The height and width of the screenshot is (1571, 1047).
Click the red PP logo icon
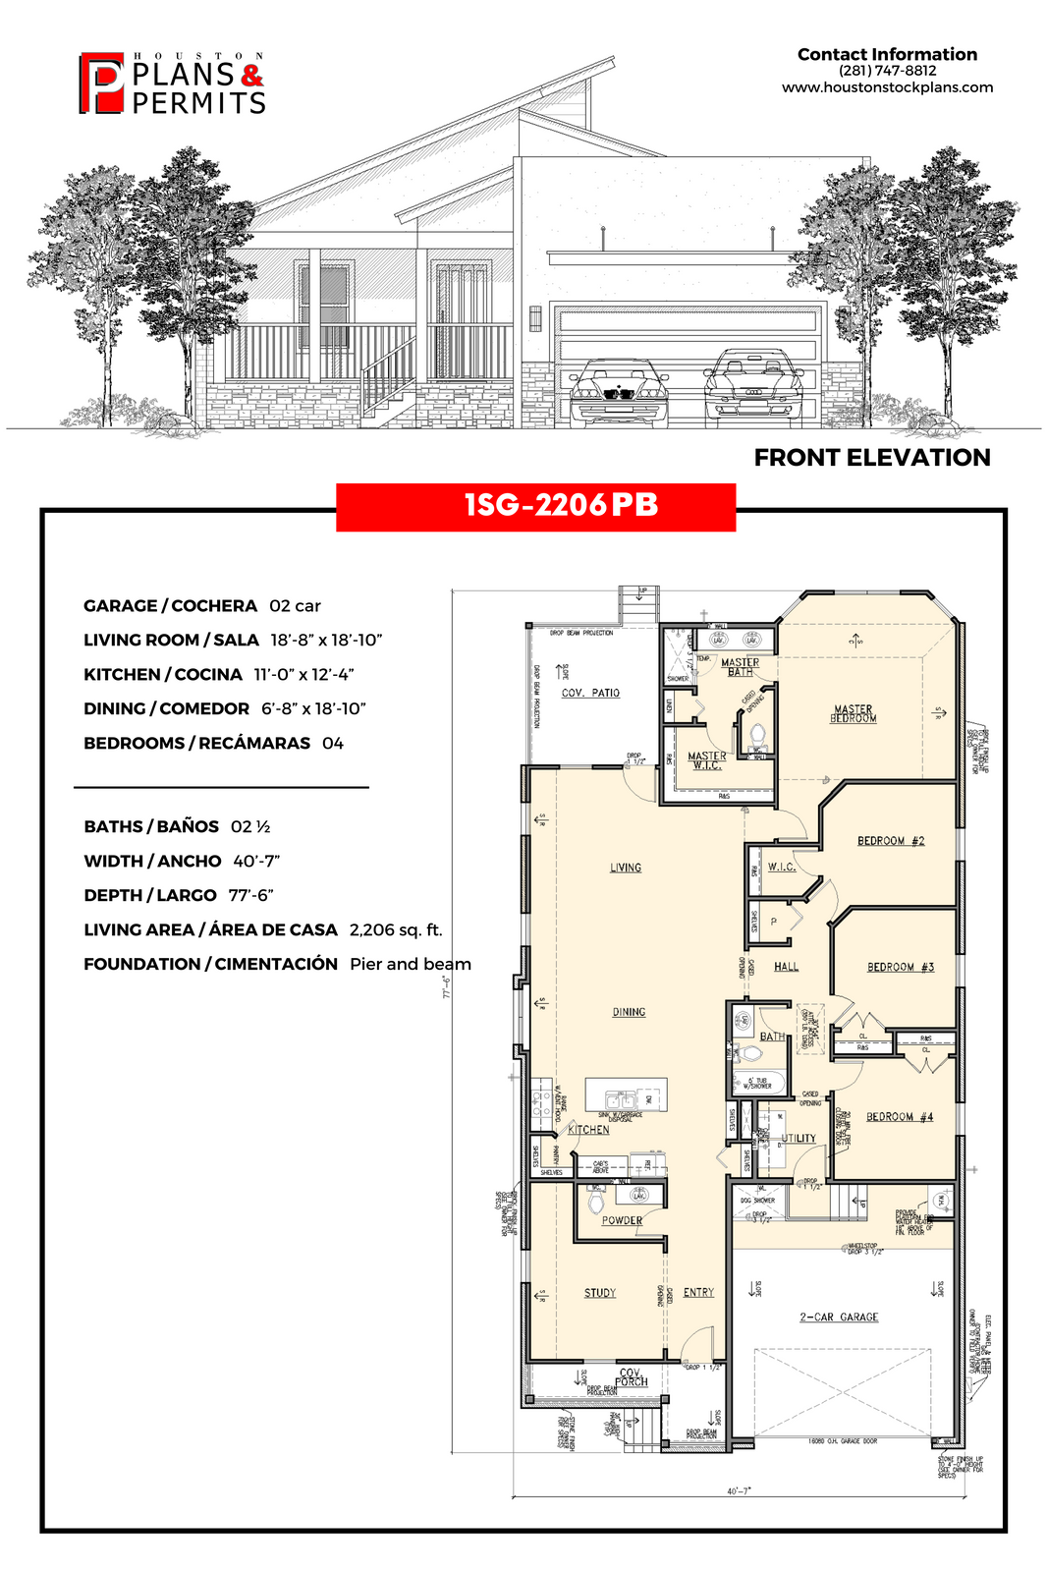pos(101,83)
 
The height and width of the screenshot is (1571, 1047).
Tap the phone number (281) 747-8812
pos(887,71)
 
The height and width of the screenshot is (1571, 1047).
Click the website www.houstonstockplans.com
pos(887,87)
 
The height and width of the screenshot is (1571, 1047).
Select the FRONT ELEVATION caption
pos(871,458)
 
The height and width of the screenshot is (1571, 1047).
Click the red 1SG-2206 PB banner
pos(535,507)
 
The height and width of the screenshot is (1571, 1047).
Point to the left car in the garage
pos(619,392)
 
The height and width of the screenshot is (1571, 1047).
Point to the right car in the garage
pos(752,386)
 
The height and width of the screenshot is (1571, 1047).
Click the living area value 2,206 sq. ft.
pos(396,929)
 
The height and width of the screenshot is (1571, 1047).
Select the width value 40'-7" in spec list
pos(256,861)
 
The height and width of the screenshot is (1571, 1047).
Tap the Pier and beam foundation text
pos(410,964)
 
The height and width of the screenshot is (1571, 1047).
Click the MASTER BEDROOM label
pos(853,713)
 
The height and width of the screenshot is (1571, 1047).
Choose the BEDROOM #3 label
pos(900,967)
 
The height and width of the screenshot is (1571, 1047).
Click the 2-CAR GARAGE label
pos(839,1317)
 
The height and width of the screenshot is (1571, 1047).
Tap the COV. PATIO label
pos(590,693)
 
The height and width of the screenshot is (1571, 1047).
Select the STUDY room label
pos(599,1292)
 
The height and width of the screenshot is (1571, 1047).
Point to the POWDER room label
pos(622,1220)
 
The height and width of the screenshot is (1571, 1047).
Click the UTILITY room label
pos(799,1138)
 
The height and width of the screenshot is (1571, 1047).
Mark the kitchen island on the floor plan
pos(626,1094)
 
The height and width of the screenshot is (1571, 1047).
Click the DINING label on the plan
pos(629,1011)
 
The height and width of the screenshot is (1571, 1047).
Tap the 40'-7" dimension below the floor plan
pos(739,1490)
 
